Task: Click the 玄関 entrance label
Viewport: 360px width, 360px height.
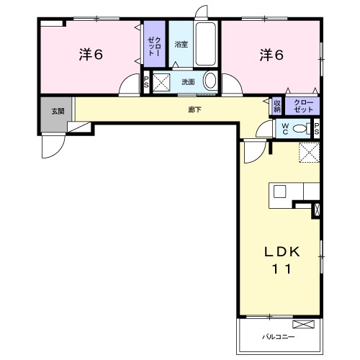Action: pos(58,112)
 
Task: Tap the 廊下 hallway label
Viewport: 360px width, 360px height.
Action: pos(194,110)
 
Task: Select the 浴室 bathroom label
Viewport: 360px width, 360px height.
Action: pos(181,45)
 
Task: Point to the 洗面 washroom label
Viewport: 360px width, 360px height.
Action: pos(188,82)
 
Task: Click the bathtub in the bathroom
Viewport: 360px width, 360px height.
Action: pos(205,44)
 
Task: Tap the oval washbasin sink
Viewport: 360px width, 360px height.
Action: pos(210,81)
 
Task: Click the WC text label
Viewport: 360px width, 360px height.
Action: pos(285,129)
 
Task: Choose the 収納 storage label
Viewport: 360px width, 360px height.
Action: pos(277,106)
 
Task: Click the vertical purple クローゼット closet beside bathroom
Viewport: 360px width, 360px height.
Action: pos(155,44)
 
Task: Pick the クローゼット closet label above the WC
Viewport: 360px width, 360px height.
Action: pos(303,106)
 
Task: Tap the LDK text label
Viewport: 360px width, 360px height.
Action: pos(282,252)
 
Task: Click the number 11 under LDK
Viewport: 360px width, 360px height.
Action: pos(282,269)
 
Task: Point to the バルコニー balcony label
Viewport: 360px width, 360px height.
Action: pos(278,337)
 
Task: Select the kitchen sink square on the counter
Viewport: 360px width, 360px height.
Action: pos(280,192)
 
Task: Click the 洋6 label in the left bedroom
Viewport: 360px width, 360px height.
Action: pos(91,55)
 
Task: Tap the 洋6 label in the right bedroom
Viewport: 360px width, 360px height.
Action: pos(271,55)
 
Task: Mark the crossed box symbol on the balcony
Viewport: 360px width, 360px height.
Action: pos(303,325)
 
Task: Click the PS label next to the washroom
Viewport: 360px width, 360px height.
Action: pos(146,82)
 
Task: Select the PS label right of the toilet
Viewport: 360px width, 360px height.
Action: pos(317,129)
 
